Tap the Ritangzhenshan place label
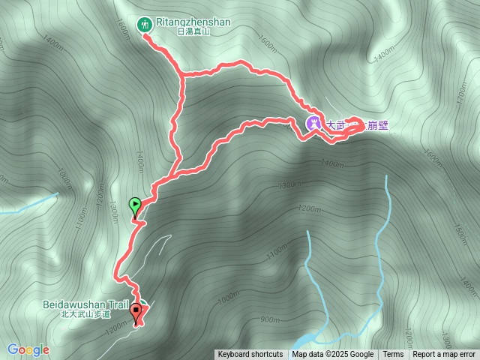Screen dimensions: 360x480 (x=194, y=22)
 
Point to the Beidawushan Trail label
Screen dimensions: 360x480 (x=86, y=305)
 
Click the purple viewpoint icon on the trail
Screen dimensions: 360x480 (x=314, y=124)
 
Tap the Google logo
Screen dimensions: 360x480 (x=28, y=349)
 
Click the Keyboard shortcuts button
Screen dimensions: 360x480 (x=250, y=355)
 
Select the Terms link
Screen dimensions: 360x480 (x=393, y=355)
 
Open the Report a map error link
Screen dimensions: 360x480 (x=444, y=355)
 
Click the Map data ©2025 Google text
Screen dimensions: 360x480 (x=333, y=355)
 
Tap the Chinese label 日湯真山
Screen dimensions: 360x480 (x=194, y=32)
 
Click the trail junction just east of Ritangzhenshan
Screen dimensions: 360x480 (x=183, y=75)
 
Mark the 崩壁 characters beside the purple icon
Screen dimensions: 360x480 (x=377, y=125)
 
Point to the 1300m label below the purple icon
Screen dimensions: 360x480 (x=289, y=185)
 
